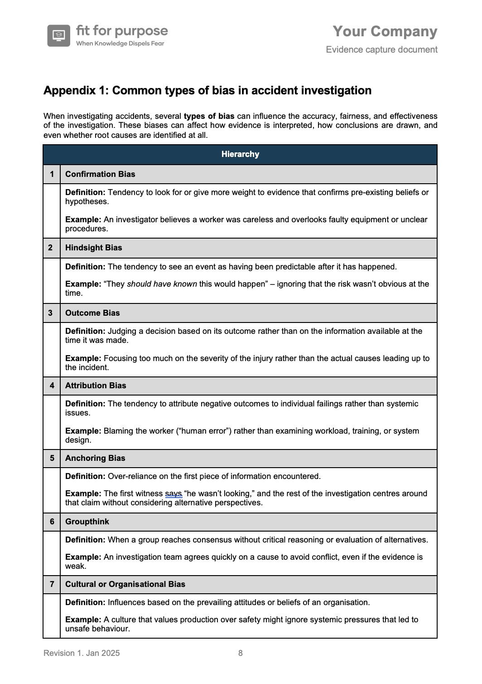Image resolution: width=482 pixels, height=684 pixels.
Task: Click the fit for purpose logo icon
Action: click(58, 35)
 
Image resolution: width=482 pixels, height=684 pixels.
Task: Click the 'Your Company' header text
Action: click(385, 31)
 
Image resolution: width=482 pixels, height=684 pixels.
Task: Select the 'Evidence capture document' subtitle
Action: click(381, 49)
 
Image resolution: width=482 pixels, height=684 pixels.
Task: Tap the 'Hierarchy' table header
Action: click(240, 154)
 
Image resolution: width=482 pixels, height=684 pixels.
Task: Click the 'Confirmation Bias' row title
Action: click(100, 174)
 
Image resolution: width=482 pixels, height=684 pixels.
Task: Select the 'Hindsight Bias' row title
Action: click(93, 248)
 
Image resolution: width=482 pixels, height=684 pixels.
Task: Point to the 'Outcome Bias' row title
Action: click(92, 313)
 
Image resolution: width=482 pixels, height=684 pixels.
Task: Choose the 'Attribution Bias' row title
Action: click(96, 386)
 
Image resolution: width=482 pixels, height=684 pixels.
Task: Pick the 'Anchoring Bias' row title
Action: click(95, 458)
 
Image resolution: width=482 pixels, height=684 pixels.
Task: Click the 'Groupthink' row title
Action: click(87, 522)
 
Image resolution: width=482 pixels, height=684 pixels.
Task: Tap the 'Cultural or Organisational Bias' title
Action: click(125, 584)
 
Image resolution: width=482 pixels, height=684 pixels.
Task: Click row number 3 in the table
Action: click(52, 313)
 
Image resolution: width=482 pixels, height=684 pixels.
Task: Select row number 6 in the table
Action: click(52, 522)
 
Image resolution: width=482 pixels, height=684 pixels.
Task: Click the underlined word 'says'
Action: click(174, 493)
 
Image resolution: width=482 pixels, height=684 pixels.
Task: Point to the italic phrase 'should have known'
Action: click(162, 284)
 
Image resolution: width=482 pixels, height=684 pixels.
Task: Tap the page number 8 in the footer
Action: click(241, 653)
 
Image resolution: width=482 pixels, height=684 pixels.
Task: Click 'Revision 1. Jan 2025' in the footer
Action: click(82, 653)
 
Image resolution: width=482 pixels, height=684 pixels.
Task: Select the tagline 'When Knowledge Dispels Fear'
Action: click(120, 44)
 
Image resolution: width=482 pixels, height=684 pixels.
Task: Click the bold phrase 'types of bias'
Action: click(209, 116)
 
